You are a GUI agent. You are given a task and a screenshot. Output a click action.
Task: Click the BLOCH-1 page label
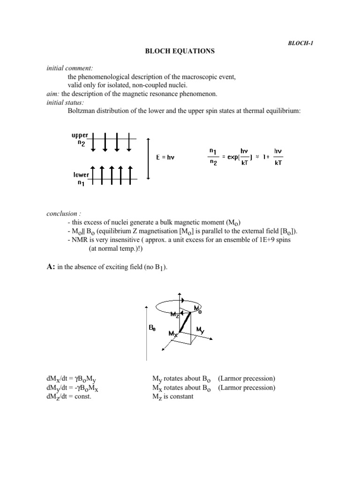click(x=300, y=43)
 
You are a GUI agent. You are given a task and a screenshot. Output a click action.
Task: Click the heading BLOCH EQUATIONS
click(x=180, y=52)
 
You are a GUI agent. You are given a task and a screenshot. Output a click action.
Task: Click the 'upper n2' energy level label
click(x=79, y=139)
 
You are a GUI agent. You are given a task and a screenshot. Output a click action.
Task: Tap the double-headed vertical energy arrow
click(x=149, y=158)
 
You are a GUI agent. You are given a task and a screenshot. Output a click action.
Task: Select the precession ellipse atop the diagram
click(x=180, y=306)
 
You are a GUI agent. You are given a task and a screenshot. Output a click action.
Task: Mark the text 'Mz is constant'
click(x=172, y=396)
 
